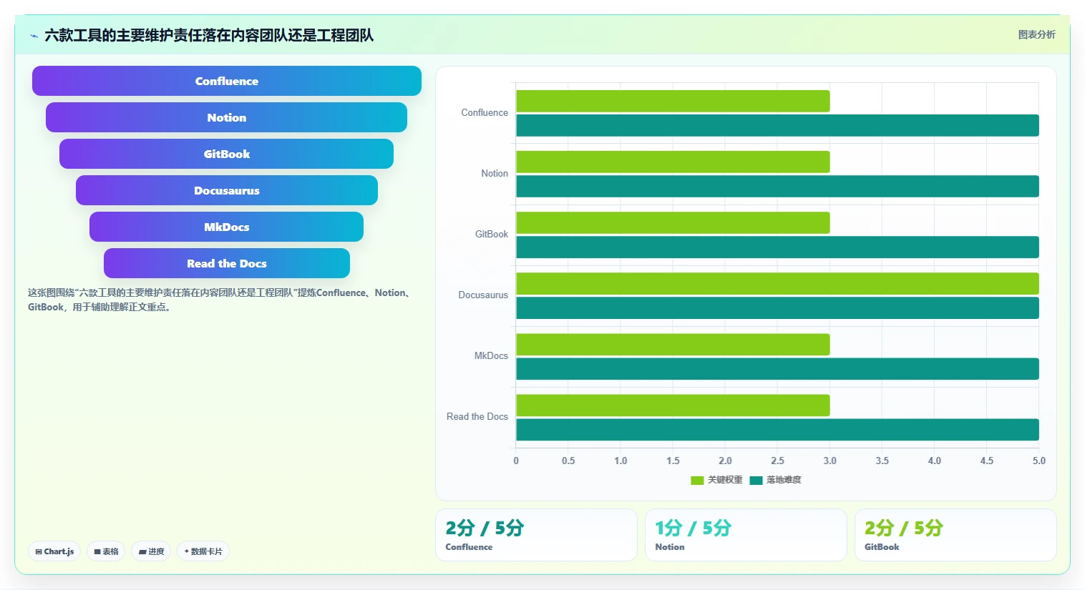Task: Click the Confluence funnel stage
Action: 227,81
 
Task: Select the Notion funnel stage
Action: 227,117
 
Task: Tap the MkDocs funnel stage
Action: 227,227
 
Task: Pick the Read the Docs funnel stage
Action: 227,263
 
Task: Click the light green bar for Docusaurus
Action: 777,284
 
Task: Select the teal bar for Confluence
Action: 777,125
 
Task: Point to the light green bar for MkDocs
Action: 673,345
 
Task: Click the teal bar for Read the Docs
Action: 777,430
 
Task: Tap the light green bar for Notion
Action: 673,162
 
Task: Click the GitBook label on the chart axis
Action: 491,235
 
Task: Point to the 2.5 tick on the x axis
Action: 777,461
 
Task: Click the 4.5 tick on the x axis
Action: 987,461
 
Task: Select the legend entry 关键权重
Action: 716,480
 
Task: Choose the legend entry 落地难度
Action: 776,480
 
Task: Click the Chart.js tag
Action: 54,551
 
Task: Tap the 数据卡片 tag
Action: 203,551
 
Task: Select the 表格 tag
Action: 106,551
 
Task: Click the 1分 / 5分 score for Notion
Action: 693,528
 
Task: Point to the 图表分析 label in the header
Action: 1036,35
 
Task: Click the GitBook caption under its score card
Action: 882,547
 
